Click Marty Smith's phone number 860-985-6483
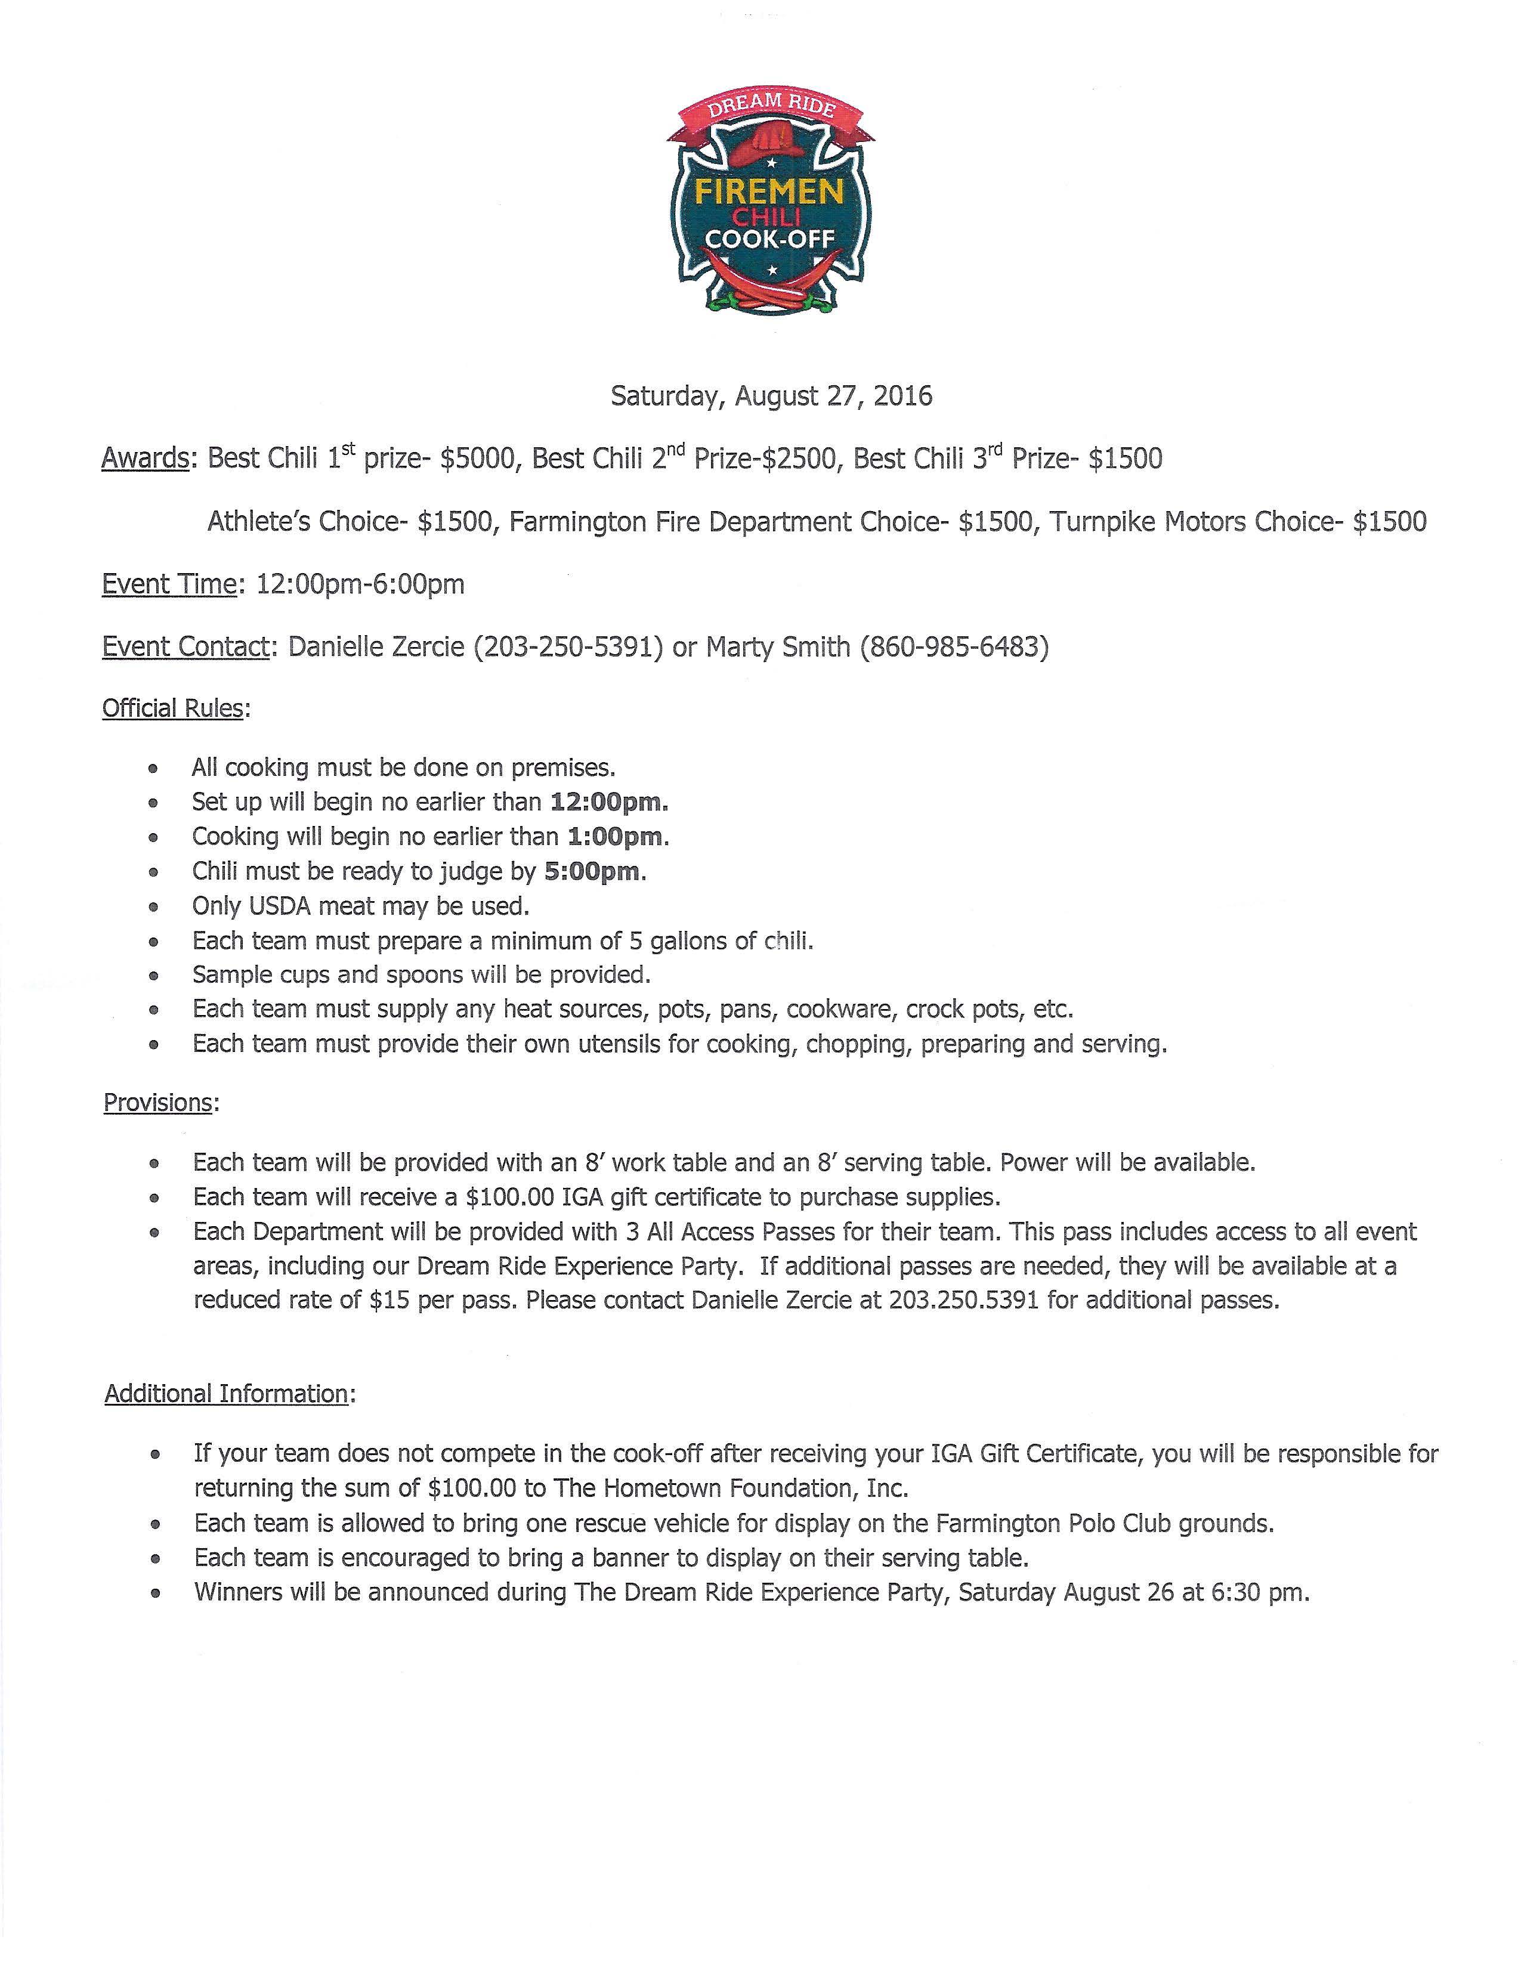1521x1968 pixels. (x=954, y=647)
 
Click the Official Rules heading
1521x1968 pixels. (x=173, y=708)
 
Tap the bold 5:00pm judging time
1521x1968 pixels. (x=593, y=871)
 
